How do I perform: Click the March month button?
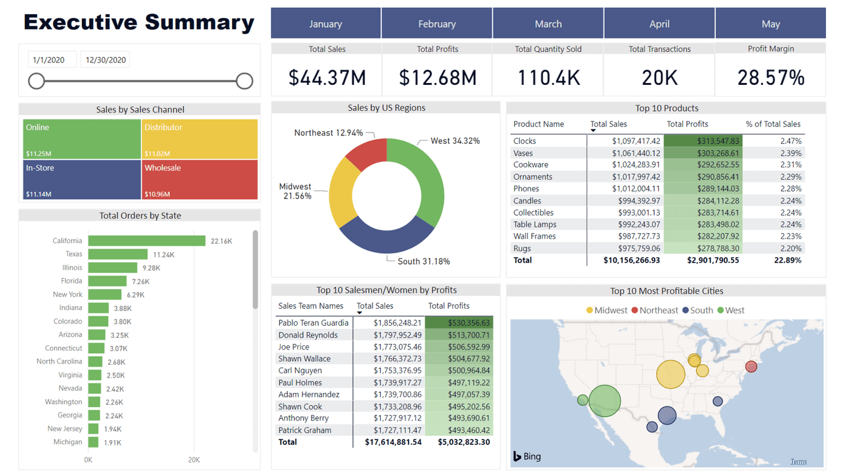pos(548,24)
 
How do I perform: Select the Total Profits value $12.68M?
pos(437,78)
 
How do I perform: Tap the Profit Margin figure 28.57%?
pos(770,78)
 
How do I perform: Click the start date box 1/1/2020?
pos(49,60)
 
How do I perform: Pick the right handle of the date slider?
pos(244,81)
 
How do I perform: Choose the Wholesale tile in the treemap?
pos(200,180)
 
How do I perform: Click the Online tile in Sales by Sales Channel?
pos(82,139)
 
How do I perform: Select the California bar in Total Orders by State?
pos(147,241)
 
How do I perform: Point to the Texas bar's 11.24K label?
pos(164,255)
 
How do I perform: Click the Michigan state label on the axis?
pos(67,442)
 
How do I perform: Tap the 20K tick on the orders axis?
pos(194,460)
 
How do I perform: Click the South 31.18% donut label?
pos(423,262)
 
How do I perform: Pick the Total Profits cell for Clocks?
pos(703,141)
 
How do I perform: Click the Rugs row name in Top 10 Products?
pos(522,249)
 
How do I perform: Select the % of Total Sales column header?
pos(773,124)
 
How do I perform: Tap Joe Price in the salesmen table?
pos(294,347)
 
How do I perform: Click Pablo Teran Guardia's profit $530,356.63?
pos(459,323)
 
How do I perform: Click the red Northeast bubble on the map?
pos(751,367)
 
